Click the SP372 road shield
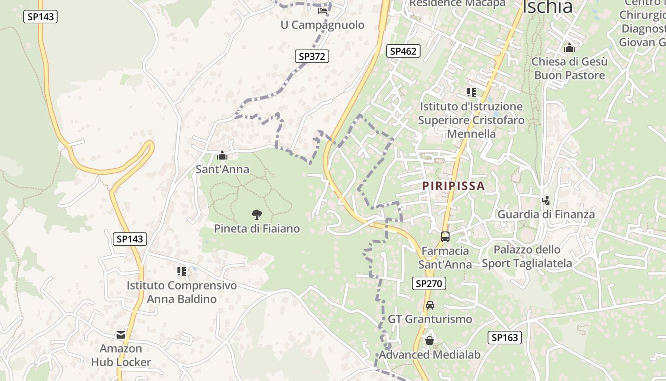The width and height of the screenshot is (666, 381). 312,56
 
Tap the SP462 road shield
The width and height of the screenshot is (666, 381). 403,51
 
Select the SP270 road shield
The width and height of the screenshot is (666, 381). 429,284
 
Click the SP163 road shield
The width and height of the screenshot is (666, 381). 504,338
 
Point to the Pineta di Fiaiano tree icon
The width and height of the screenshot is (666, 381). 257,215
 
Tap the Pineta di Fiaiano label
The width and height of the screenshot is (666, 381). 257,229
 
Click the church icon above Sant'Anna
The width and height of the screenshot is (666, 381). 222,155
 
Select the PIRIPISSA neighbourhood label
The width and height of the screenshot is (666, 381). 453,186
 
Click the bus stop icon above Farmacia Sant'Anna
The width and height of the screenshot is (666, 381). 445,236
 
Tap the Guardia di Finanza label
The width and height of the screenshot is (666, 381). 546,214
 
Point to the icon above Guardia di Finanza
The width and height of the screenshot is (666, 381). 546,201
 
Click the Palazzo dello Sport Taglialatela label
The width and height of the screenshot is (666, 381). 527,256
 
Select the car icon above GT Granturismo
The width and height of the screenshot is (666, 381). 430,305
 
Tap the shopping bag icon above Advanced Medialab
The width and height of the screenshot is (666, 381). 430,341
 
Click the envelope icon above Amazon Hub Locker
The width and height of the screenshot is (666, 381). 121,335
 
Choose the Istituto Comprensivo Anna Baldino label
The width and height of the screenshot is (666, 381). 181,292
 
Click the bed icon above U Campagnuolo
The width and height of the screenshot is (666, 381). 323,11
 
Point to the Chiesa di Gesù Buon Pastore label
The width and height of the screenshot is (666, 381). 569,69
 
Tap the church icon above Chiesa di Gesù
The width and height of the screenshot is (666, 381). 569,48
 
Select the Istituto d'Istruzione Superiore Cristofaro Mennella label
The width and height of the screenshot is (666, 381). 471,120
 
